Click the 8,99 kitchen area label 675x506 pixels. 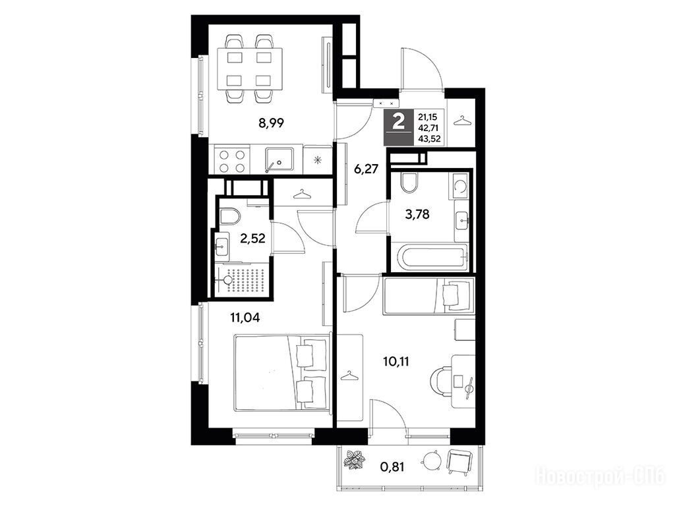click(271, 123)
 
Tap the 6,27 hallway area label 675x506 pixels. click(366, 169)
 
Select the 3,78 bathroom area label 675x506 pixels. click(417, 214)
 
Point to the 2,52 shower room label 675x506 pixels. click(252, 238)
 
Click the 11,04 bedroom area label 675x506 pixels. click(245, 318)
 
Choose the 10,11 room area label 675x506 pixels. click(396, 361)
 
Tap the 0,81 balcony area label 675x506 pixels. click(392, 466)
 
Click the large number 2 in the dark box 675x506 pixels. click(399, 121)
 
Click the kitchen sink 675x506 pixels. click(279, 160)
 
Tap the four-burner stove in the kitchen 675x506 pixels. click(232, 161)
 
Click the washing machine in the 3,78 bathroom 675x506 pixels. click(459, 185)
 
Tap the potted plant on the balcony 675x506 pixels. click(355, 460)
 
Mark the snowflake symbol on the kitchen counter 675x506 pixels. click(318, 161)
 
